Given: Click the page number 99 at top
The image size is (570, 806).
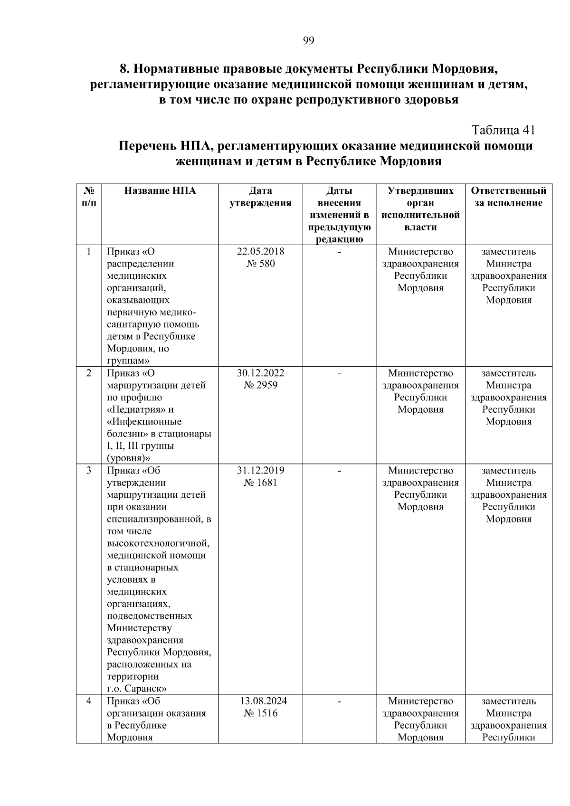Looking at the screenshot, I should pos(308,41).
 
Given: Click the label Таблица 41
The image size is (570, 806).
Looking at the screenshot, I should pos(503,130).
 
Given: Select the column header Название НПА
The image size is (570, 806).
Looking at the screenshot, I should pos(160,191).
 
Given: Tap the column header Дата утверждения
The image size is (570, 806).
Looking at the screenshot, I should pos(260,197).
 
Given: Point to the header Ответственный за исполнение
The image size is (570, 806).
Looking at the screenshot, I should pos(508,197).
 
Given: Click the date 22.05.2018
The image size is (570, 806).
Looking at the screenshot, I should pos(260,252).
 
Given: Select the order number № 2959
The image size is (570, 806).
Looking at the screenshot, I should pos(260,385).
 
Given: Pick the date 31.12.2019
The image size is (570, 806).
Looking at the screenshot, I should pos(260,471).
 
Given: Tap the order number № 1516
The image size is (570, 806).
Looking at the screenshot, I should pos(260,713).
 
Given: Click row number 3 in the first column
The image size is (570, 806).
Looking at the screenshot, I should pos(89,471).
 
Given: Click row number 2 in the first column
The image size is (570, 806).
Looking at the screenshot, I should pos(89,373).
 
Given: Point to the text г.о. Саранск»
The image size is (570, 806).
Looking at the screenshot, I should pos(136,689).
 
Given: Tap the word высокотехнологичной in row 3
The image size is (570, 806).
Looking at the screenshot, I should pos(158,543).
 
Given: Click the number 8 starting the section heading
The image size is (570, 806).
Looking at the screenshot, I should pos(123,69).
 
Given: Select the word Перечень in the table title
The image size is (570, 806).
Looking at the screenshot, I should pos(145,146).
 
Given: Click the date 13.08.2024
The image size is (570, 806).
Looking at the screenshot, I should pos(263,702).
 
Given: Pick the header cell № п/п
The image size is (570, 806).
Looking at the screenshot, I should pos(89,197).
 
